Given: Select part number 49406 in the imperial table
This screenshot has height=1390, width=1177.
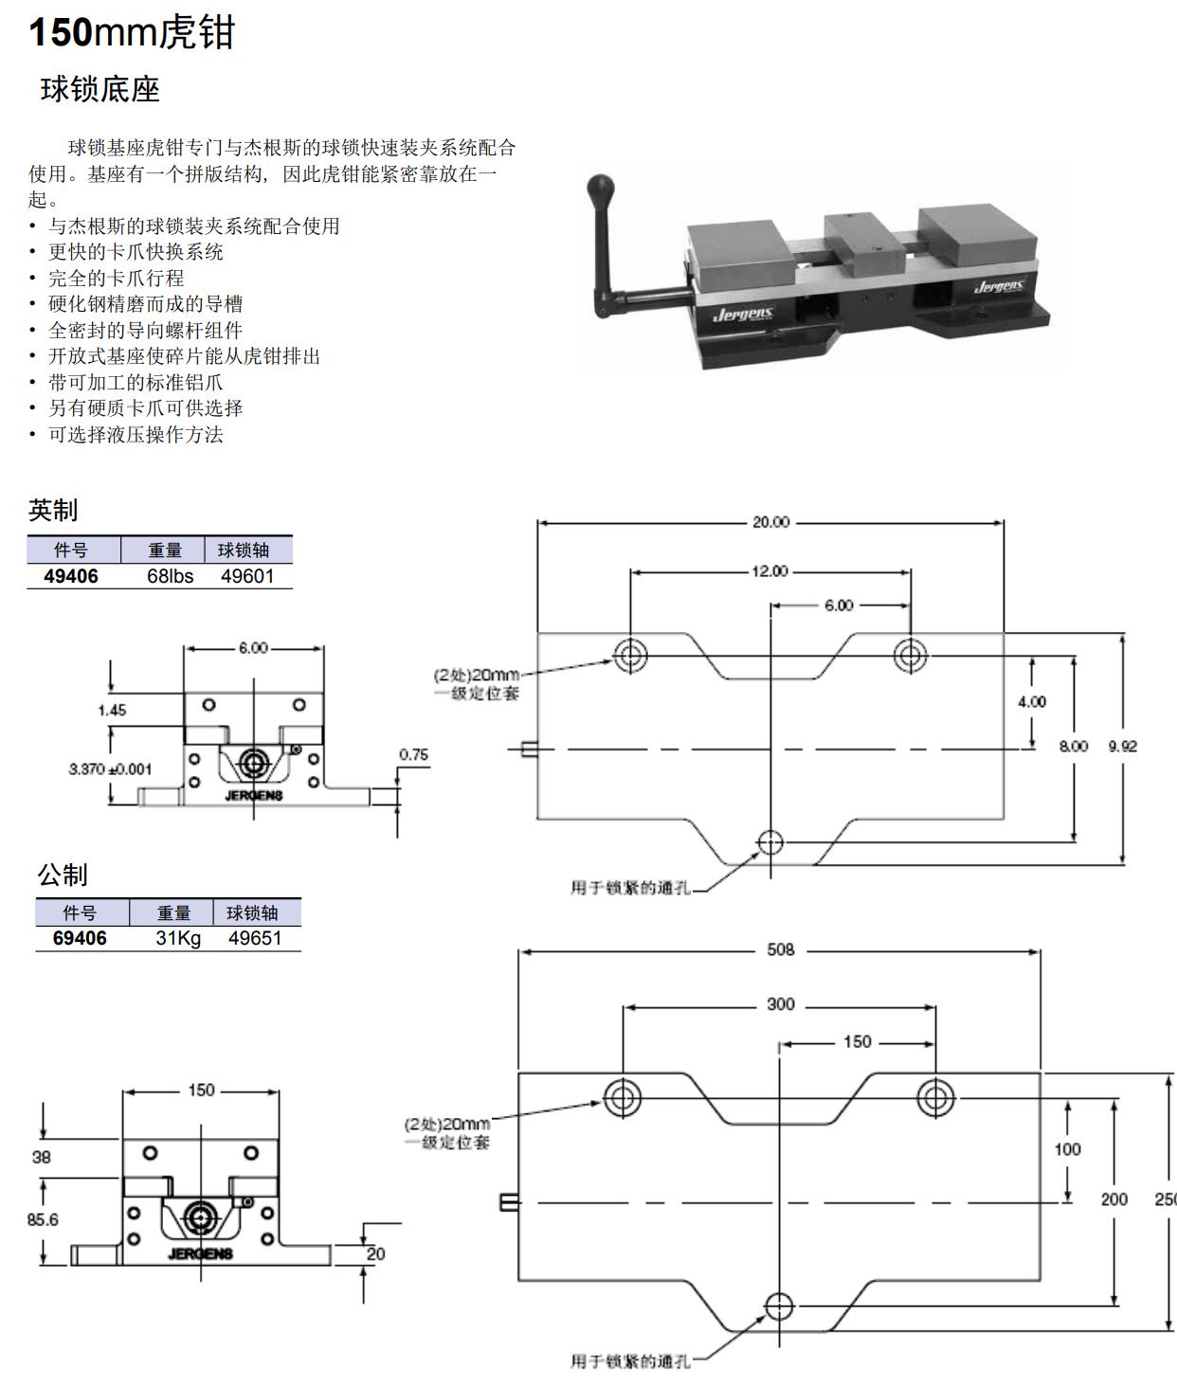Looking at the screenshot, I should click(x=71, y=576).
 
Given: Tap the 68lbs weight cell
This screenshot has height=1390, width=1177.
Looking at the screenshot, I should click(x=170, y=576).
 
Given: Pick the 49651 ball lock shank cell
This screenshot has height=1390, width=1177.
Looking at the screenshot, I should click(x=254, y=938).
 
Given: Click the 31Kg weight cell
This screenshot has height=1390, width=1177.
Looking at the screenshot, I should click(x=178, y=938).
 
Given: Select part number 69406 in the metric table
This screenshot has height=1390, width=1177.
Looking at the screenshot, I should click(x=80, y=938).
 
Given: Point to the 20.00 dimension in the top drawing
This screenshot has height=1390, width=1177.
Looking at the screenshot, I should click(x=770, y=522).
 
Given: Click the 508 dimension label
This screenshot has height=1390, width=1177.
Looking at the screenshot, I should click(x=780, y=949).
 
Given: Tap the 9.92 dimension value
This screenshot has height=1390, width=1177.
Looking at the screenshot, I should click(x=1122, y=746).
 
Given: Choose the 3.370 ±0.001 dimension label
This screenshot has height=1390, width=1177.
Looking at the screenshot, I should click(x=110, y=769).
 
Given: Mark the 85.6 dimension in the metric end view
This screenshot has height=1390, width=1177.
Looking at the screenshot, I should click(x=43, y=1219).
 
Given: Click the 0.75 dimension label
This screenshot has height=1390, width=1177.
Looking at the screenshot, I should click(x=413, y=755).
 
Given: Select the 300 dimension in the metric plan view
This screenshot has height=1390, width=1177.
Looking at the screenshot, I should click(x=780, y=1004).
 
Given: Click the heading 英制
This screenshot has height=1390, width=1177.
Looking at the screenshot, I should click(x=53, y=510).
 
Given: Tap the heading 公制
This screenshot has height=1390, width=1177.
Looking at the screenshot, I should click(x=63, y=875).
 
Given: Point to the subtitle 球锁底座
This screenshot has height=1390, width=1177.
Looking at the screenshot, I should click(x=100, y=90).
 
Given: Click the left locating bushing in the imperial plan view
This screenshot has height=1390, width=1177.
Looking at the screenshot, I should click(x=630, y=655).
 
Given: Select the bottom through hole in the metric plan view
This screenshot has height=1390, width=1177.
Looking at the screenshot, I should click(x=779, y=1306).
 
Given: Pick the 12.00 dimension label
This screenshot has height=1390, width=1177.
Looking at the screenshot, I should click(x=770, y=571).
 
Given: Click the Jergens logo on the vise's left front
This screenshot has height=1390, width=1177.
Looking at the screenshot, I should click(x=744, y=314).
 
